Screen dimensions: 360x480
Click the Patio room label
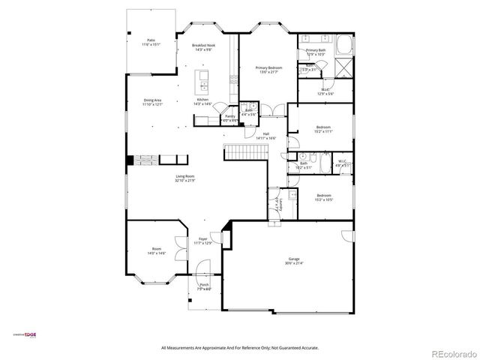[151, 40]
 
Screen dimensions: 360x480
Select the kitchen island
[202, 80]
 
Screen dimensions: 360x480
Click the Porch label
[203, 285]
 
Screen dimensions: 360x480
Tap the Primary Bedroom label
[268, 67]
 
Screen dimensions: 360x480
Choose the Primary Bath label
[314, 51]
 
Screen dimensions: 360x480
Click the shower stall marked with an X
[342, 69]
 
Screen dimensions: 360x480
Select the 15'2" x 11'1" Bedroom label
[322, 127]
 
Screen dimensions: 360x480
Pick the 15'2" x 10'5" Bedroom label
[322, 197]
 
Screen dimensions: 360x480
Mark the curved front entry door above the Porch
[202, 270]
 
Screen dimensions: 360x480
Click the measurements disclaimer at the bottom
[240, 347]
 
